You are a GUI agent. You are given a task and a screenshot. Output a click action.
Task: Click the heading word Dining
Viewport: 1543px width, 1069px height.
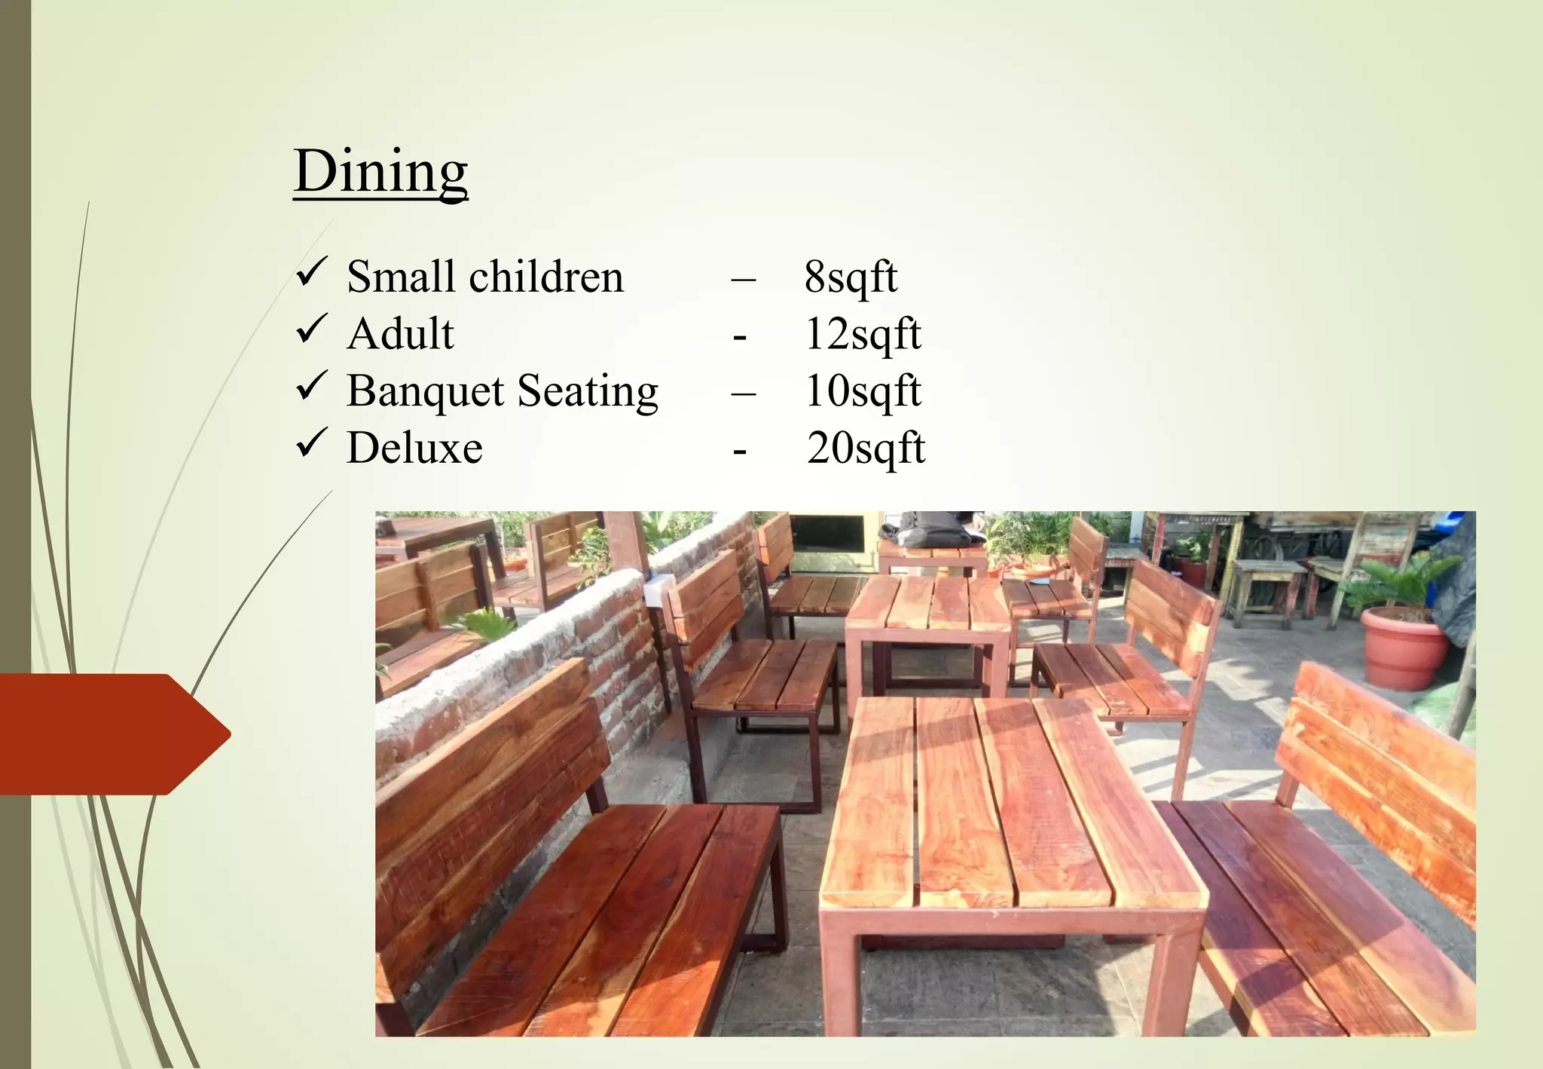[380, 172]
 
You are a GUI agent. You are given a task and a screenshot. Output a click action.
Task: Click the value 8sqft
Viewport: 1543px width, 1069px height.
[850, 277]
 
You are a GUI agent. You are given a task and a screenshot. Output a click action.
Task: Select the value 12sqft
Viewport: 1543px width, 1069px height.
[863, 335]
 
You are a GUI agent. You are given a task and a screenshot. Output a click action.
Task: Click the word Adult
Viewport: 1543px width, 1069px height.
[400, 334]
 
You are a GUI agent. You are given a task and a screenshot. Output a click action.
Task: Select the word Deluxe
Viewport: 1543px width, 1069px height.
[414, 449]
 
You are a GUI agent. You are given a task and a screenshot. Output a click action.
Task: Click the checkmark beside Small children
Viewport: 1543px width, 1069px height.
[311, 272]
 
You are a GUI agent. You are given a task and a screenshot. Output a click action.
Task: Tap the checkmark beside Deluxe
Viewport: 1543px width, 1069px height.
[311, 443]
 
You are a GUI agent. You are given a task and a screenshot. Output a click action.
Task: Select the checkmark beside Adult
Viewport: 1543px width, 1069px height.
[311, 329]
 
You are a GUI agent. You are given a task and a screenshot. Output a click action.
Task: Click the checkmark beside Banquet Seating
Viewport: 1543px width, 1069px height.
[311, 386]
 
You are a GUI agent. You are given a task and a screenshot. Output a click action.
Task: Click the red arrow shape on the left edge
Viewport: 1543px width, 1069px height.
[113, 734]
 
